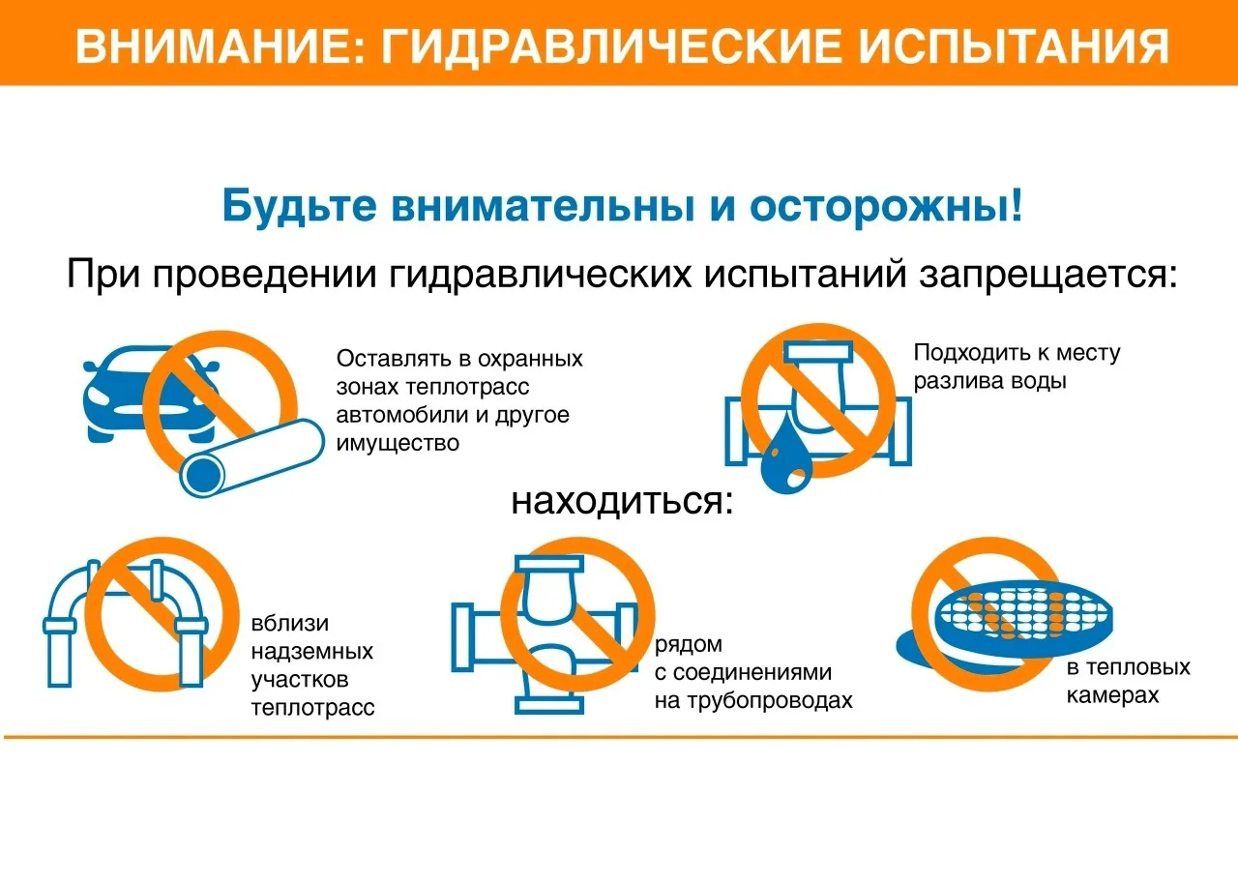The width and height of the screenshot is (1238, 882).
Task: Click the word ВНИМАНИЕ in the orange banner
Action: [220, 46]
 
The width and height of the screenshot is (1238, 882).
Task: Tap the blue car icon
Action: [149, 394]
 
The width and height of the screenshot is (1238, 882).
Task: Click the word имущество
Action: [398, 443]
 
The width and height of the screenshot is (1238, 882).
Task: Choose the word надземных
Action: [312, 652]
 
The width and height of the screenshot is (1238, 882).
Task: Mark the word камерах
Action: [1112, 695]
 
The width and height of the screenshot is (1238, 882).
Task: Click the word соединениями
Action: [752, 672]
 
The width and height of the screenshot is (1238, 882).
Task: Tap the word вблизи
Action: [290, 624]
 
